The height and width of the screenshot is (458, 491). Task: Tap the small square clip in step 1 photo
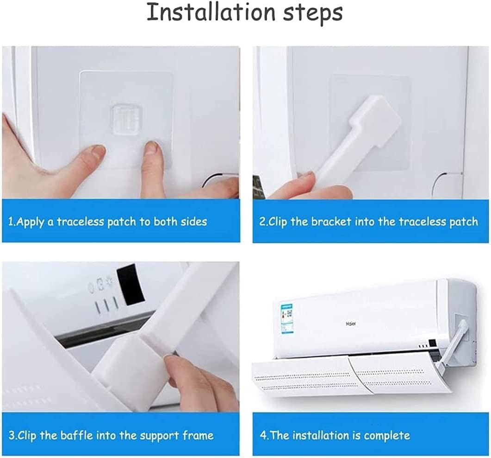coord(126,120)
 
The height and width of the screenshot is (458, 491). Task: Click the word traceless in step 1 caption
coord(80,222)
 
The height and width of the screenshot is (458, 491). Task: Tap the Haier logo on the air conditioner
coord(351,324)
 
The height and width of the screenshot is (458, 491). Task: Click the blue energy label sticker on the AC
coord(287,319)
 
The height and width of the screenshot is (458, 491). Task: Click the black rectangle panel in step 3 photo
coord(131,285)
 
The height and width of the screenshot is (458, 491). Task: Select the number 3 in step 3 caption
coord(12,436)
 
